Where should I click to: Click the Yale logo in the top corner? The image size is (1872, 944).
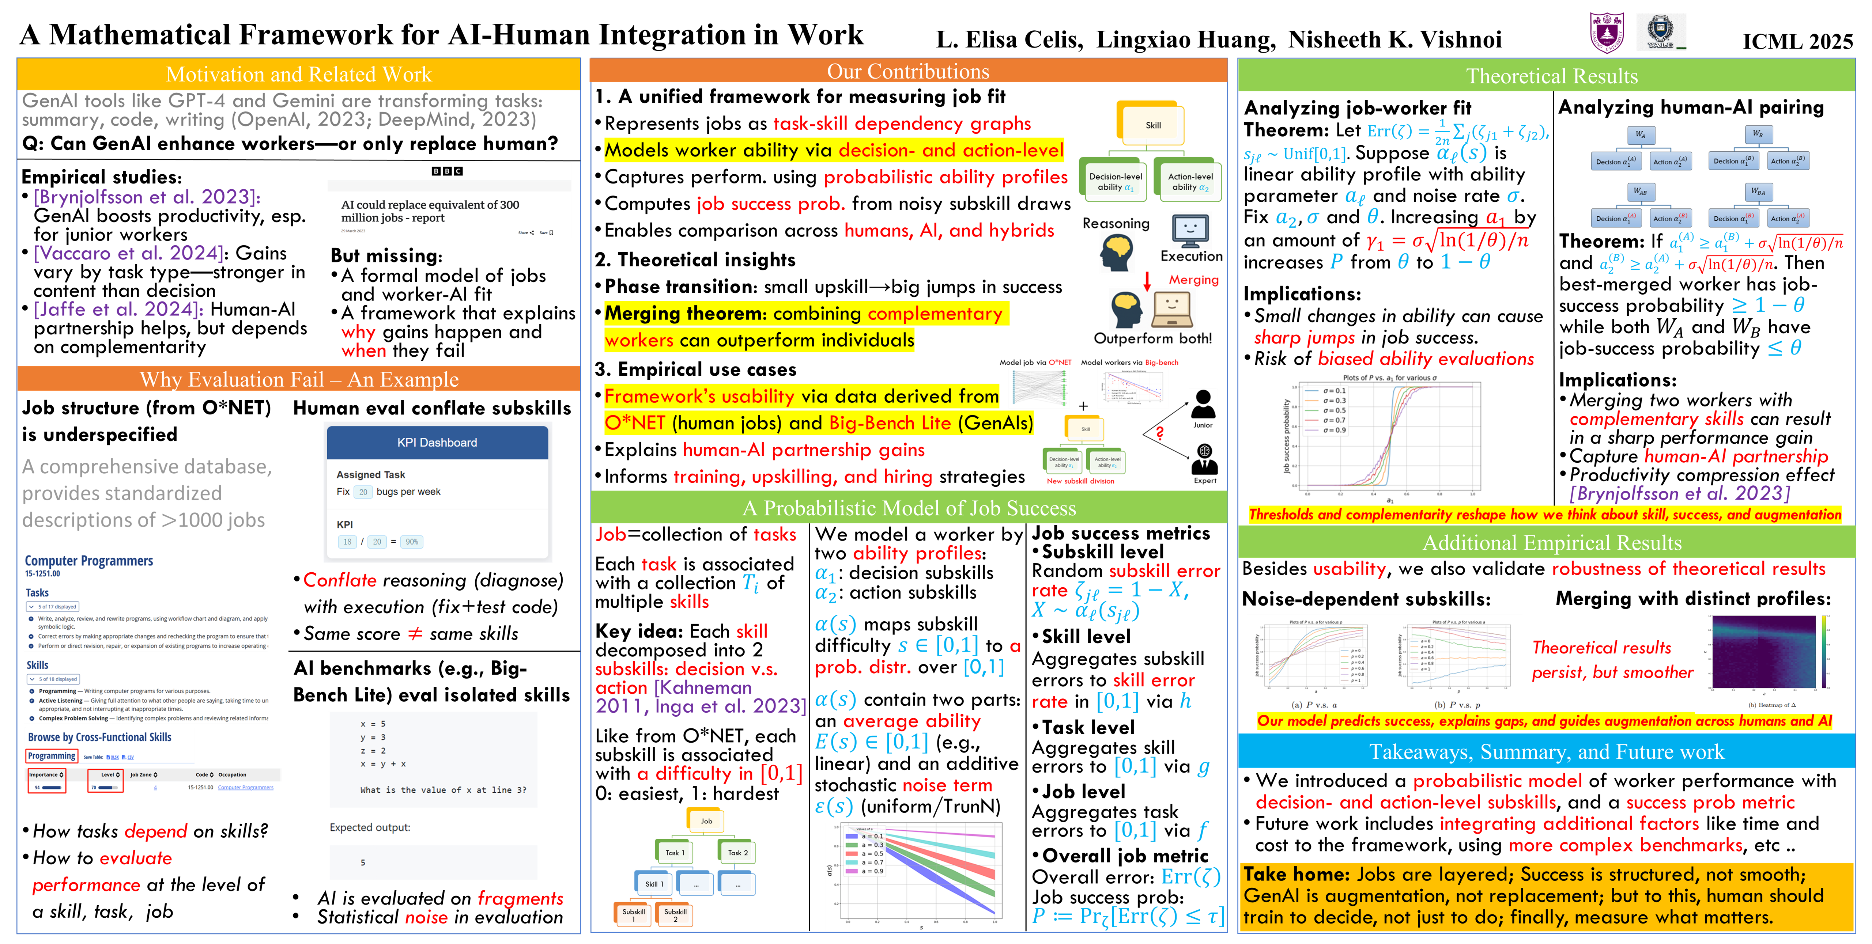pos(1661,32)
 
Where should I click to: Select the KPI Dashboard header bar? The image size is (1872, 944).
pos(437,442)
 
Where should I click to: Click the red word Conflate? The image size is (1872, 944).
pos(339,580)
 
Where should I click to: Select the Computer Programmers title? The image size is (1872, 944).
pos(88,561)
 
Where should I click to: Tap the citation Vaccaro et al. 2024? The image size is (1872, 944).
pos(128,253)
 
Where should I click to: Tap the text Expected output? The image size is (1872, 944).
pos(370,827)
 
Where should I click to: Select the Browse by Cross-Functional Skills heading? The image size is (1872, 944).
pos(99,737)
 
